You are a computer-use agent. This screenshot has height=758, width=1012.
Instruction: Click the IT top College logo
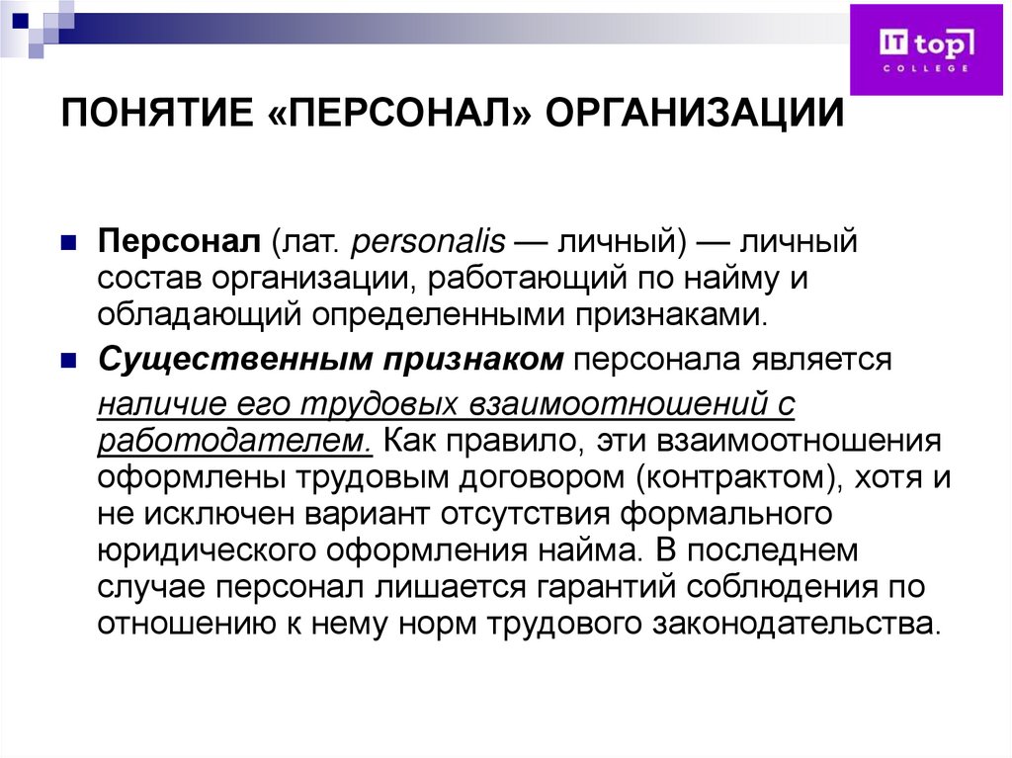927,48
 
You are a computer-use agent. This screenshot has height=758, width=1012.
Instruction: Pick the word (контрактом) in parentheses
746,477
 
